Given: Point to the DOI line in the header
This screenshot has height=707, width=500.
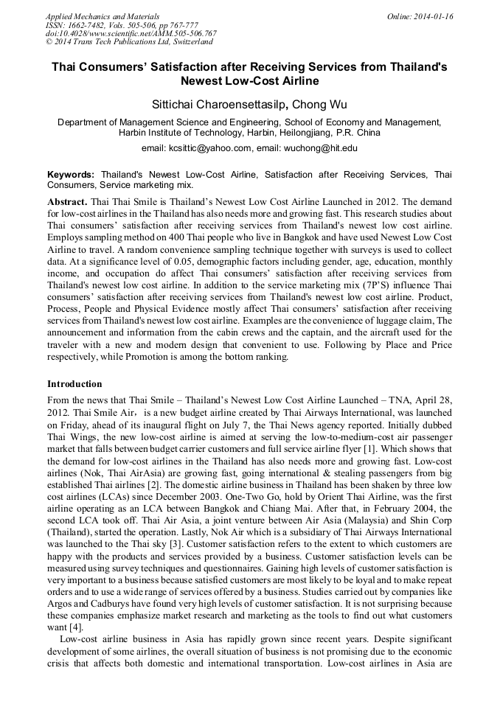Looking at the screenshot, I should pyautogui.click(x=131, y=34).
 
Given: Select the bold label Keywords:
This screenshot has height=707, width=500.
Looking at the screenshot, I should pyautogui.click(x=71, y=175).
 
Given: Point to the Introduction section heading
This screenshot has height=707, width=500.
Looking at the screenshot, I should pyautogui.click(x=74, y=384).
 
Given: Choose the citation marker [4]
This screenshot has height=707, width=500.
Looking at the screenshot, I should pyautogui.click(x=75, y=627).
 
